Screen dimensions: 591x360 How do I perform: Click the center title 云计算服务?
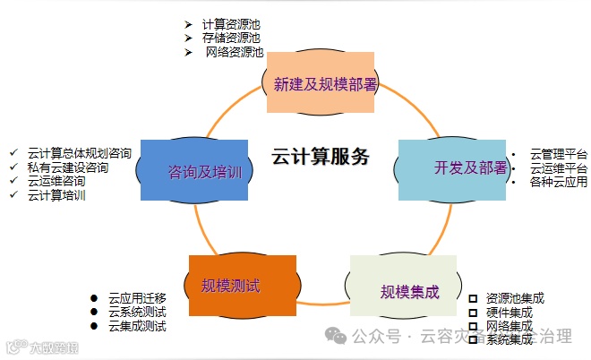tap(321, 158)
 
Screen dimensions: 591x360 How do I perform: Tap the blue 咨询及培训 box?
tap(193, 171)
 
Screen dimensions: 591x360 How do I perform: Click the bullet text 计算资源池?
tap(231, 23)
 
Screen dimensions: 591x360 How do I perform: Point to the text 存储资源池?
tap(231, 38)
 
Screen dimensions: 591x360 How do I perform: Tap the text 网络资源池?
tap(235, 52)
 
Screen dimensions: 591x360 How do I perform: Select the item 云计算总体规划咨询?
tap(80, 153)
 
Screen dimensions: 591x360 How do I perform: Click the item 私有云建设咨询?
tap(68, 167)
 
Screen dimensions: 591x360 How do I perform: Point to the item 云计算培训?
tap(56, 195)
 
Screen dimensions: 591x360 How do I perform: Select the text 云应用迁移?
tap(137, 297)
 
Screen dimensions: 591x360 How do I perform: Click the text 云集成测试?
tap(137, 326)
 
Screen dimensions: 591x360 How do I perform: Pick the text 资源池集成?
tap(515, 298)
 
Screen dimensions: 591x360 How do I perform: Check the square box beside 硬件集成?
tap(473, 313)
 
